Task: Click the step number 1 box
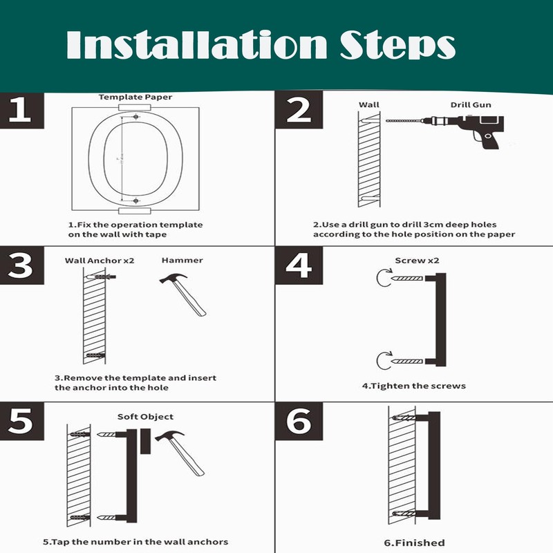pos(22,111)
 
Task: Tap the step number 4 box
pos(299,265)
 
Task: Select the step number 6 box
pos(299,421)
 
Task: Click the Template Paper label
pos(135,97)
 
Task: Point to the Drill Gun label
pos(471,105)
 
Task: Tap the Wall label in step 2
pos(369,105)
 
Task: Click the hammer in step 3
pos(183,294)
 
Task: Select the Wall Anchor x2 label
pos(100,261)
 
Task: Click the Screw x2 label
pos(417,261)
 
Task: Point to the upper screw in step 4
pos(406,279)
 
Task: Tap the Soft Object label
pos(145,417)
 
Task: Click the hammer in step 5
pos(180,453)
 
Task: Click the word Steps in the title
pos(397,45)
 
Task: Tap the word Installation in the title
pos(197,44)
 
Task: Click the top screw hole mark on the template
pos(135,116)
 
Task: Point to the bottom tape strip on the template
pos(135,211)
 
